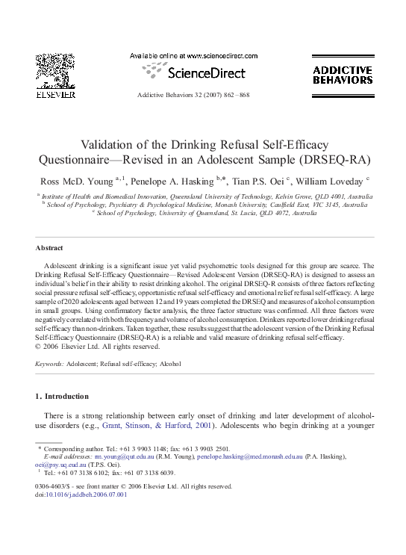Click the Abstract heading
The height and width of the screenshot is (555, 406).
pos(49,248)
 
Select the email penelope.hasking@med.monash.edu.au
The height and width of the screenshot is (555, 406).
pos(249,455)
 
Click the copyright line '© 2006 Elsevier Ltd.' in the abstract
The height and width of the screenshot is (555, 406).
pos(69,347)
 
